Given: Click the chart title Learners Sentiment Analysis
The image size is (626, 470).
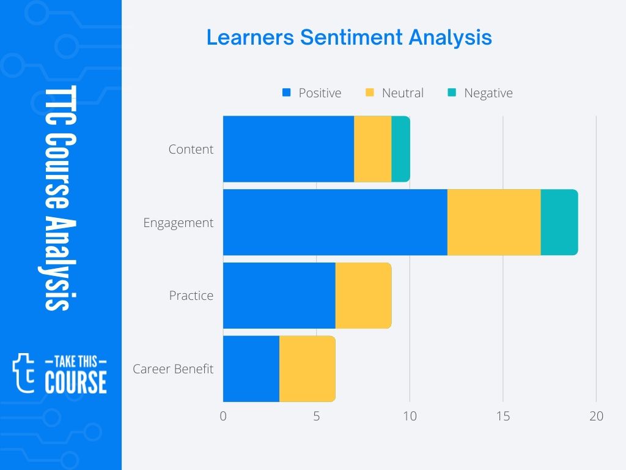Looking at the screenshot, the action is click(x=349, y=38).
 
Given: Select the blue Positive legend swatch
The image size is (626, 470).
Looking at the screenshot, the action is click(x=286, y=92).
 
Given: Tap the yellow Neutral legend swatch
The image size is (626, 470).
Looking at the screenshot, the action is click(x=370, y=92).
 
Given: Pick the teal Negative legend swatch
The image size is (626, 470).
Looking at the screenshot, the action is click(x=452, y=92).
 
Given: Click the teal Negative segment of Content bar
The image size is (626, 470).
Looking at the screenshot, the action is click(x=400, y=149).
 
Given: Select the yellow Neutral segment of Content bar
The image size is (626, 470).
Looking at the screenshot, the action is click(x=372, y=149).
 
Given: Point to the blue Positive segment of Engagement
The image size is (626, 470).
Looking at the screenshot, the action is click(x=335, y=222).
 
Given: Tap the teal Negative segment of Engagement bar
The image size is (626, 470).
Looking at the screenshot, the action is click(x=559, y=222).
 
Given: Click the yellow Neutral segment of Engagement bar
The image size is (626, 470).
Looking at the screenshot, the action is click(x=494, y=222).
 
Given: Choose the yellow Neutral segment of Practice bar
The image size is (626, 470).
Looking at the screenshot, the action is click(x=363, y=296).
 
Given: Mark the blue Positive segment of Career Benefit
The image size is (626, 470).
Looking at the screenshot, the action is click(x=251, y=368).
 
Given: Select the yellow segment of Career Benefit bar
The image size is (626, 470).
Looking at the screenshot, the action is click(x=307, y=368).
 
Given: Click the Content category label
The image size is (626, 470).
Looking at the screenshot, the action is click(x=191, y=149).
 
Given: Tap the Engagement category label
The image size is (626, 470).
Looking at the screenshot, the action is click(x=178, y=223).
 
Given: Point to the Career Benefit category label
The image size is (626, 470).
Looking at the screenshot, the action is click(x=173, y=368).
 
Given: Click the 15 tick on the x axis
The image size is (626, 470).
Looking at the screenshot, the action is click(x=503, y=416).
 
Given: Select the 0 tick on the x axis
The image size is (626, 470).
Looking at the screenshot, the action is click(x=223, y=416).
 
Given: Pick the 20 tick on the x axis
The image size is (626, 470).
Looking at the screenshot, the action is click(x=596, y=416).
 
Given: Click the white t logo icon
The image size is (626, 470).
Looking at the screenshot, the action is click(x=23, y=373).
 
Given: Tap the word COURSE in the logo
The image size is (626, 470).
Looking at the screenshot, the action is click(x=76, y=382).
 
